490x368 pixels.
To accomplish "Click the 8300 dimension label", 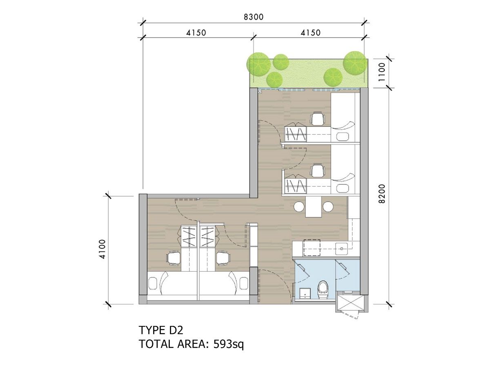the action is click(x=254, y=17).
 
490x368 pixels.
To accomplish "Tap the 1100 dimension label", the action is click(x=382, y=72).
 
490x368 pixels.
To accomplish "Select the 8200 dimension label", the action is click(x=382, y=194).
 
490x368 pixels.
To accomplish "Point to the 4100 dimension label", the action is click(x=102, y=249).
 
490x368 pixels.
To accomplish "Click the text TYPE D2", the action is click(x=161, y=330).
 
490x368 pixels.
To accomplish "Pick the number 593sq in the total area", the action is click(x=229, y=345).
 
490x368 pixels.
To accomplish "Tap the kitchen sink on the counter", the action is click(x=341, y=249).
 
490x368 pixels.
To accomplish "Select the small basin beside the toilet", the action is click(x=305, y=293).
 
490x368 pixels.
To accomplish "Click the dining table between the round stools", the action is click(x=314, y=207).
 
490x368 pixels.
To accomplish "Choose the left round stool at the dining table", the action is click(x=299, y=206).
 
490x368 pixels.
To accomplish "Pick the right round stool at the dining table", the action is click(x=328, y=206).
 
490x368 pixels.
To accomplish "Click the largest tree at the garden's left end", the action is click(x=258, y=64).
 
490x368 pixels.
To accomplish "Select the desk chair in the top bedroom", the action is click(x=317, y=119).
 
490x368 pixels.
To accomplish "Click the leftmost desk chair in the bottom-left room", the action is click(x=174, y=258).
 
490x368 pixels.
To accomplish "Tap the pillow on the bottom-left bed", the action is click(x=153, y=283).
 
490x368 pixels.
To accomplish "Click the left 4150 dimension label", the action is click(x=196, y=33).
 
